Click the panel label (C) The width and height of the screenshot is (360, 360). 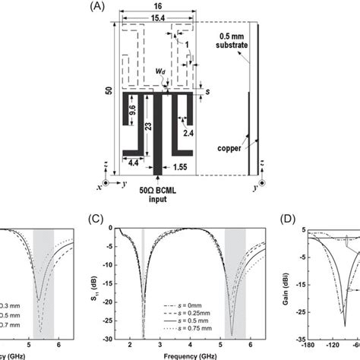tap(96, 221)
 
